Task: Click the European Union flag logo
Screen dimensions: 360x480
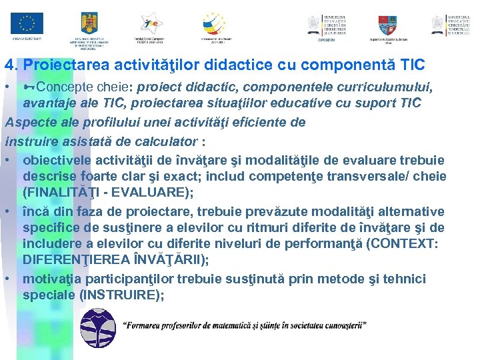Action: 27,24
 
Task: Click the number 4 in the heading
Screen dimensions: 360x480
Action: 9,65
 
